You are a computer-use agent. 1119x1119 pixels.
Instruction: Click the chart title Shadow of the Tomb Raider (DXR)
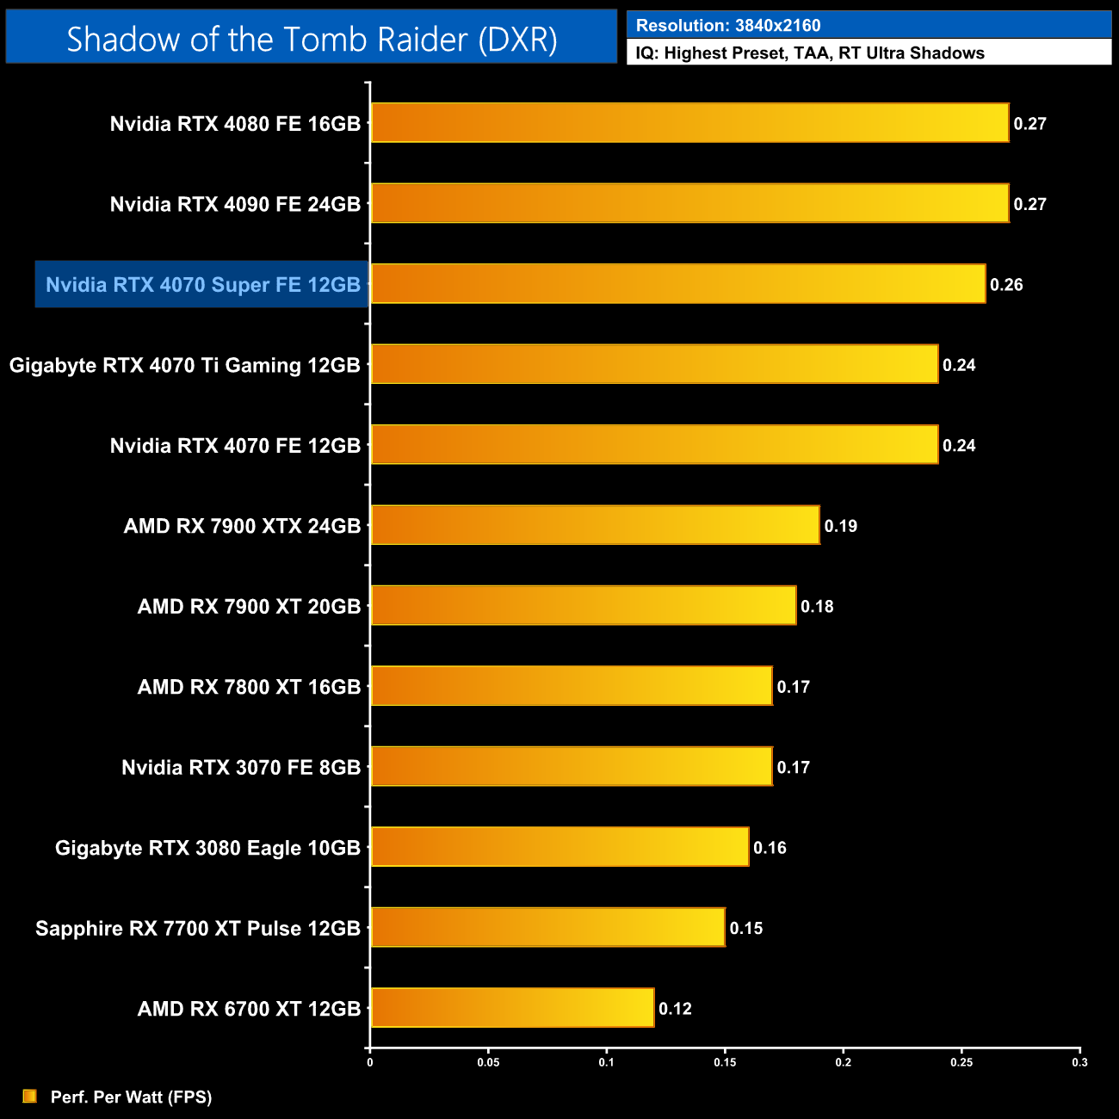click(x=312, y=39)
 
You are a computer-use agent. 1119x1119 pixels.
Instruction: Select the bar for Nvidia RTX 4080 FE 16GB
click(x=689, y=123)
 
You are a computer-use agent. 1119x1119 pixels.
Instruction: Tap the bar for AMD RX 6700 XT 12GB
click(x=512, y=1008)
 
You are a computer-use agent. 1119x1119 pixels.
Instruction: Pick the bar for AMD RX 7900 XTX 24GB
click(x=594, y=525)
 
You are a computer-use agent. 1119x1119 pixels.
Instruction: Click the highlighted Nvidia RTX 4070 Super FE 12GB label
click(x=202, y=285)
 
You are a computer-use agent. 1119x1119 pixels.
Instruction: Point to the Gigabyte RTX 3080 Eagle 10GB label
click(x=207, y=848)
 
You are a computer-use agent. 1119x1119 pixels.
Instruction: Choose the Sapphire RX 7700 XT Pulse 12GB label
click(x=198, y=929)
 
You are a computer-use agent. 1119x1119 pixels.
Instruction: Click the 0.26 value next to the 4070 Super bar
click(x=1006, y=285)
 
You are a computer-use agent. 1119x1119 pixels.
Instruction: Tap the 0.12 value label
click(x=675, y=1009)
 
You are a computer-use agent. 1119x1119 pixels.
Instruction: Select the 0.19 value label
click(x=841, y=526)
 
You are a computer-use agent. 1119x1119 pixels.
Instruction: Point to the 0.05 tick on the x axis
click(x=488, y=1062)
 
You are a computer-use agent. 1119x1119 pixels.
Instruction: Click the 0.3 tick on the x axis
click(x=1079, y=1062)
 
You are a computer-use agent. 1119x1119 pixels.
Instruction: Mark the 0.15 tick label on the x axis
click(x=725, y=1062)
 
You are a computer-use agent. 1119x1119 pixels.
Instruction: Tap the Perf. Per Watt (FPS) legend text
click(x=131, y=1097)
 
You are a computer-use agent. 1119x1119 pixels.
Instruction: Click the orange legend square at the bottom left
click(x=30, y=1096)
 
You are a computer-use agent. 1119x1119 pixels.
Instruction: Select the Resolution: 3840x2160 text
click(x=728, y=26)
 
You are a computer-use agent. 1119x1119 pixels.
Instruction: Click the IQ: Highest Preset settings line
click(x=810, y=53)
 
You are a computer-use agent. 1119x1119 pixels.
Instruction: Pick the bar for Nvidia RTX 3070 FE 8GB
click(x=572, y=766)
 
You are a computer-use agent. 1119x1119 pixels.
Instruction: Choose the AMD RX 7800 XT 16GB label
click(x=249, y=687)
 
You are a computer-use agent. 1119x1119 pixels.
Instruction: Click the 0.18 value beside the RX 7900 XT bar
click(x=817, y=607)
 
